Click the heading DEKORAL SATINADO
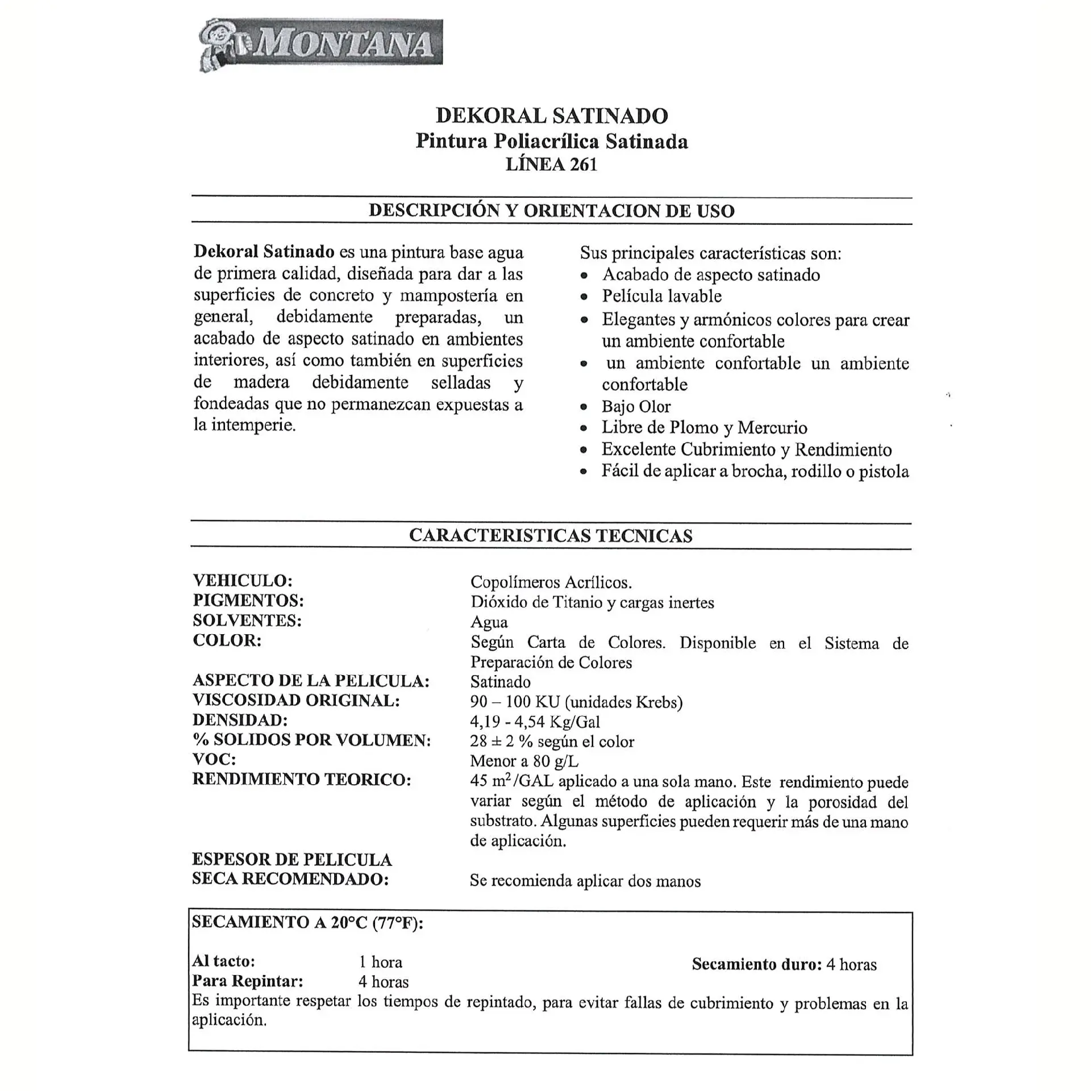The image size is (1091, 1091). click(552, 116)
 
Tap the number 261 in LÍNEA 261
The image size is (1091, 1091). click(584, 165)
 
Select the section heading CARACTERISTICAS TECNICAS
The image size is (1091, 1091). click(551, 536)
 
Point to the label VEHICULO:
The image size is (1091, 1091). click(243, 581)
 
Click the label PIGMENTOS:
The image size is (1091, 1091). click(248, 601)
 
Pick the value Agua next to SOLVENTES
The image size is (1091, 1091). click(489, 622)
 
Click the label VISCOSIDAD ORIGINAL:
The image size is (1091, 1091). click(296, 701)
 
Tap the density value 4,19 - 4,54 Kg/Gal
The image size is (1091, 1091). click(535, 722)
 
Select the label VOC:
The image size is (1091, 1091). click(214, 760)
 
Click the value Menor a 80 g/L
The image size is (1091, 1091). click(524, 761)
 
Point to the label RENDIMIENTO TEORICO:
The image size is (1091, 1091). click(302, 780)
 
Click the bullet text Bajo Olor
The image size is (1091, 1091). click(636, 407)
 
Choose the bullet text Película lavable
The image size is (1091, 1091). click(661, 296)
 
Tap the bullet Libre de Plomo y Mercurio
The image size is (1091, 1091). click(704, 428)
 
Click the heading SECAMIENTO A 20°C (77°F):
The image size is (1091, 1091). click(307, 922)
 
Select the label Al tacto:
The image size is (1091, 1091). click(223, 961)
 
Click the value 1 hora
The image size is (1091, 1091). click(380, 962)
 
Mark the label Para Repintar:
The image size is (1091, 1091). click(247, 981)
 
